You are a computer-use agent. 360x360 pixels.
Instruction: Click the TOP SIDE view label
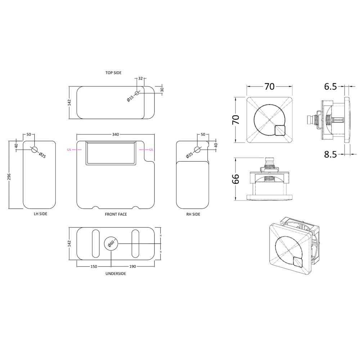point(113,73)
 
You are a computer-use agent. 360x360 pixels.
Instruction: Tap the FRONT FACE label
point(116,214)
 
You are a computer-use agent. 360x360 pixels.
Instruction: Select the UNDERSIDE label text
point(116,274)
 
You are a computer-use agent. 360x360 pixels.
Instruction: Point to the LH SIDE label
point(40,214)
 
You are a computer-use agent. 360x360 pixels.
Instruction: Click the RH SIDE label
point(193,214)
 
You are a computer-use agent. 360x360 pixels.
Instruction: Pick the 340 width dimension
point(116,134)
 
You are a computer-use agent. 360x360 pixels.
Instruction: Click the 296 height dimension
point(9,176)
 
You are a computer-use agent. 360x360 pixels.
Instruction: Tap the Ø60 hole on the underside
point(111,243)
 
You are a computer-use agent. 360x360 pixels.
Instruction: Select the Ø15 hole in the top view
point(137,93)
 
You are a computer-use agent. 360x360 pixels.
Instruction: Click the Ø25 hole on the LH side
point(35,150)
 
